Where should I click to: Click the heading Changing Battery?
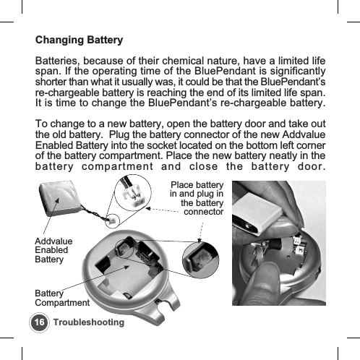tap(80, 39)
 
